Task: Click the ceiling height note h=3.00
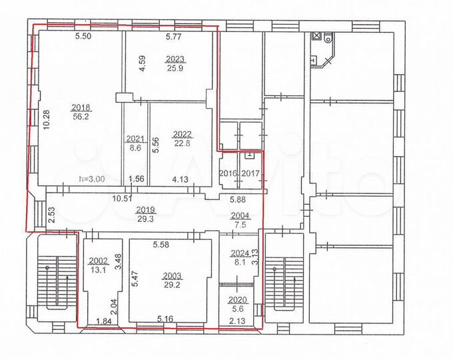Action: (x=91, y=178)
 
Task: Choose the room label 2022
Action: (x=182, y=133)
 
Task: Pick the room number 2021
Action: (x=135, y=139)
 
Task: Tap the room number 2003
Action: (x=172, y=275)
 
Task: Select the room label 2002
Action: (x=98, y=261)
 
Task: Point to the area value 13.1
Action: (x=98, y=269)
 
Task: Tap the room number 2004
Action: (x=239, y=215)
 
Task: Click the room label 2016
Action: (x=228, y=173)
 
